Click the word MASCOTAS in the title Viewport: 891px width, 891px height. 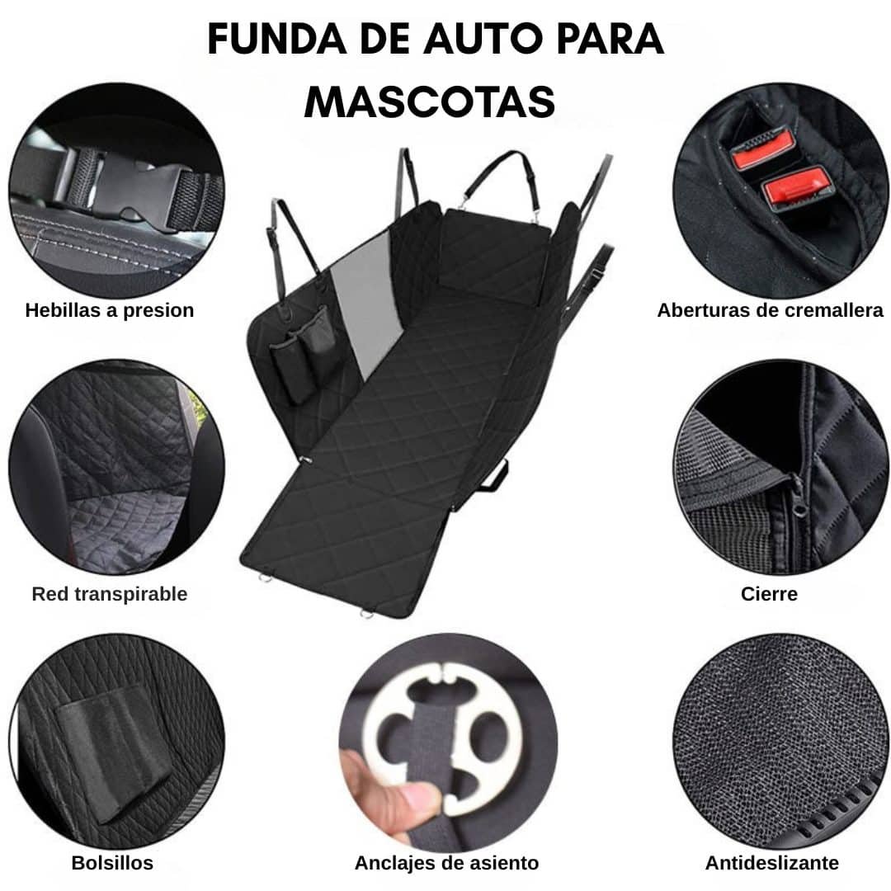(x=430, y=103)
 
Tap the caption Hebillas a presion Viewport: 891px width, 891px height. (x=110, y=310)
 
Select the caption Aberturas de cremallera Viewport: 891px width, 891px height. (x=770, y=310)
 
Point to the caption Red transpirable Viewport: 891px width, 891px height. (x=110, y=594)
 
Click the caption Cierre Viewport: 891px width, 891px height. (x=770, y=594)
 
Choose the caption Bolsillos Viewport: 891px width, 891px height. (x=112, y=863)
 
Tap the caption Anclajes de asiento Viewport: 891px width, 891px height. (x=446, y=863)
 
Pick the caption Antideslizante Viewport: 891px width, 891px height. (x=772, y=863)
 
